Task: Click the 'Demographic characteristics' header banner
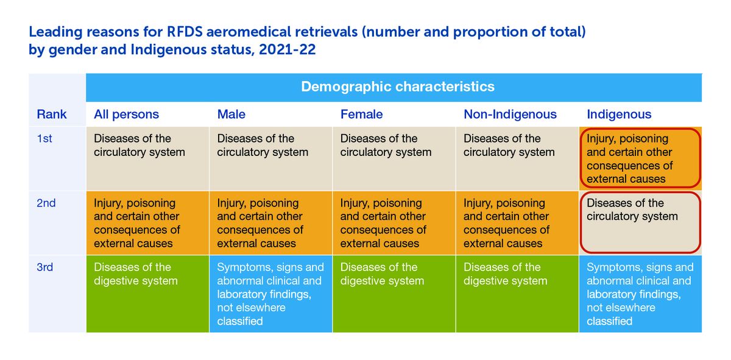coord(397,86)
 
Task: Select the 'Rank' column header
coord(52,115)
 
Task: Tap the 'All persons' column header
coord(126,115)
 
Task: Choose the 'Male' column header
coord(231,115)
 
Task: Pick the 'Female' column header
coord(361,115)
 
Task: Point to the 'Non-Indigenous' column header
coord(510,115)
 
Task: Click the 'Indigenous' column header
coord(619,115)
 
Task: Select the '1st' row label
coord(44,139)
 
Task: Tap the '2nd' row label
coord(46,203)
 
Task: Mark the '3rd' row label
coord(45,267)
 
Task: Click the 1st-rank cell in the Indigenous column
coord(640,158)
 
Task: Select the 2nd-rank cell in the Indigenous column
coord(640,222)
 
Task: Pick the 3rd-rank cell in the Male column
coord(271,294)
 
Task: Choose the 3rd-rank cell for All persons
coord(147,294)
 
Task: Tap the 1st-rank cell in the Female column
coord(394,158)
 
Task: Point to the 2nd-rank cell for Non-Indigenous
coord(517,222)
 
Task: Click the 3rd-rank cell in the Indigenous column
coord(640,294)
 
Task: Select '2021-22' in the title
coord(288,50)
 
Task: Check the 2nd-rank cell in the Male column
coord(271,222)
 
